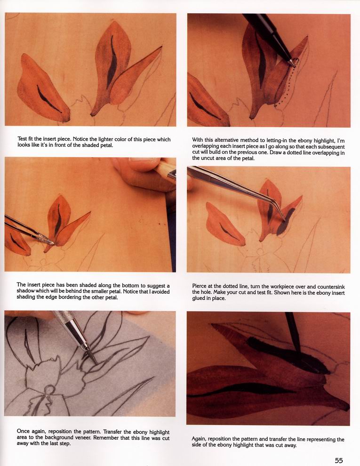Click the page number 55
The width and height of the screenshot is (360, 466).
pyautogui.click(x=339, y=460)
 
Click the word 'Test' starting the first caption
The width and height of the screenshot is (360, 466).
pyautogui.click(x=22, y=139)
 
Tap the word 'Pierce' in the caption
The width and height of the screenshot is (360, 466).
pyautogui.click(x=199, y=287)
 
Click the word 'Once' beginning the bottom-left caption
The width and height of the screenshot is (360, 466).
pyautogui.click(x=23, y=432)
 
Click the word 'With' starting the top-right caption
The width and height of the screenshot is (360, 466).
pyautogui.click(x=198, y=140)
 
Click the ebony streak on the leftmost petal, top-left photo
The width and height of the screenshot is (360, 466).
pyautogui.click(x=48, y=99)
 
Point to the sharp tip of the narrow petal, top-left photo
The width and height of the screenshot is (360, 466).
pyautogui.click(x=161, y=46)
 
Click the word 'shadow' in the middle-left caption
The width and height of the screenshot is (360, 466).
pyautogui.click(x=25, y=291)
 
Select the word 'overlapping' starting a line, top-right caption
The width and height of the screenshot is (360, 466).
pyautogui.click(x=206, y=146)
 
